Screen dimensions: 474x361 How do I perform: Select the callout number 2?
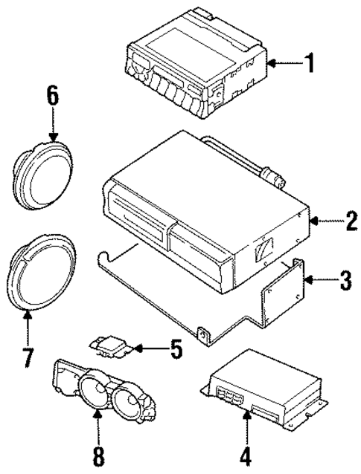click(x=345, y=220)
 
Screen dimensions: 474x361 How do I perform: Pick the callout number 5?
click(x=176, y=348)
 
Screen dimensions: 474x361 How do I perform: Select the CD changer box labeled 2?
click(x=201, y=212)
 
